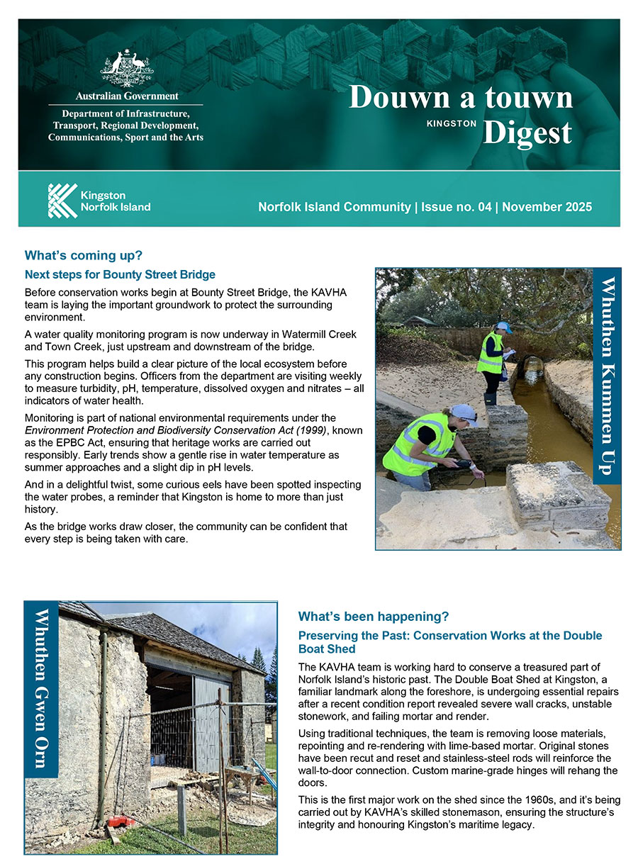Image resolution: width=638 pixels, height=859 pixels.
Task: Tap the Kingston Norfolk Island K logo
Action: (62, 201)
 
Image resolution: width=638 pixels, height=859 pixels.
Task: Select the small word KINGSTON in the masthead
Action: (452, 123)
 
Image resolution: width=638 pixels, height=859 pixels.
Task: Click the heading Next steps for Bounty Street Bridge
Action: (120, 274)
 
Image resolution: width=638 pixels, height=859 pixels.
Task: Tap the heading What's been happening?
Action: (374, 616)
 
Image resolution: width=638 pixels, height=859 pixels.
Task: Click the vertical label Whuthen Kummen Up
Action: (608, 376)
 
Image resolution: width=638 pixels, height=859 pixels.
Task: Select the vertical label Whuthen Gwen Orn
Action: (41, 687)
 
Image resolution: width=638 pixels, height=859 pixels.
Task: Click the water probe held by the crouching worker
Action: (464, 464)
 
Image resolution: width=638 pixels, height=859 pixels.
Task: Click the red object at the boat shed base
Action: (121, 821)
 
